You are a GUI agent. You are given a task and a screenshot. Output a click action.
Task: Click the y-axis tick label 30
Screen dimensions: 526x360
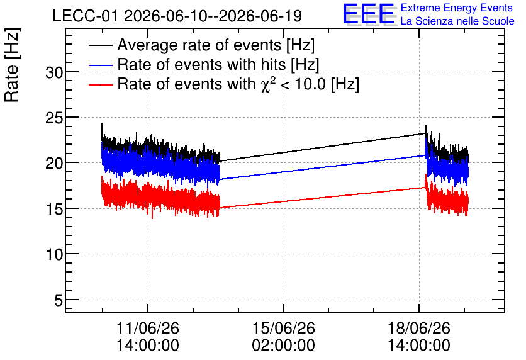pos(54,72)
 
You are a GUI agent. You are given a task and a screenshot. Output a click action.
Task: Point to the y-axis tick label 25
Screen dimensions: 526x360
pos(54,118)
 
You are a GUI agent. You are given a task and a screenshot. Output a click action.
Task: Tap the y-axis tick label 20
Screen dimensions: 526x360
pos(54,164)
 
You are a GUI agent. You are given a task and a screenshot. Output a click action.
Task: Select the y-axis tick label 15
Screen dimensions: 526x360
pos(54,210)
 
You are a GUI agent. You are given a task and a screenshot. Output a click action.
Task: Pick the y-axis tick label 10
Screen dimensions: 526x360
pos(54,255)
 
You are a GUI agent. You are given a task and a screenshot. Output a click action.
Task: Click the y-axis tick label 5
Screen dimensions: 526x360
pos(59,301)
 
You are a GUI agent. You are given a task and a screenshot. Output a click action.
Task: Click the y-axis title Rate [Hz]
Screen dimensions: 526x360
pos(12,65)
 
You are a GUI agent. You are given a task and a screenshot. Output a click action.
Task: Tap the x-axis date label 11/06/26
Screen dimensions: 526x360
pos(148,328)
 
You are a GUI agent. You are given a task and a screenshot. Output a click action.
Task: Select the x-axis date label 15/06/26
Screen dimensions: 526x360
pos(284,328)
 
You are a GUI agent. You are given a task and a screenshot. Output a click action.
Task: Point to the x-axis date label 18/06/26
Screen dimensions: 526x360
pos(419,328)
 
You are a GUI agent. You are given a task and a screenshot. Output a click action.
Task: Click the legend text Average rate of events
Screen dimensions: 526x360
pos(199,45)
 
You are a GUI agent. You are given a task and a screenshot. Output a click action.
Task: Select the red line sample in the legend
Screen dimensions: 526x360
pos(100,85)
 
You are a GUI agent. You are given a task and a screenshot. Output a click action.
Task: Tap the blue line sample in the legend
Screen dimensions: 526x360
pos(100,65)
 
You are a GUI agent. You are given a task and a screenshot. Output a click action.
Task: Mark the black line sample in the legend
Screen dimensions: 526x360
pos(100,45)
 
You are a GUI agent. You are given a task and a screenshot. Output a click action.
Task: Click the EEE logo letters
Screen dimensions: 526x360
pos(368,14)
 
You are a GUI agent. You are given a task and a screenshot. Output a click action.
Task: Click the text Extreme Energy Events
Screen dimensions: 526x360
pos(457,8)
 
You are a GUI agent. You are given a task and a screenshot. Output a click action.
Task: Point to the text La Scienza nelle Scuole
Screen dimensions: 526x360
pos(457,21)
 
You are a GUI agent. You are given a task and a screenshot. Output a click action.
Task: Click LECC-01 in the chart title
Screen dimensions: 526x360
pos(85,16)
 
